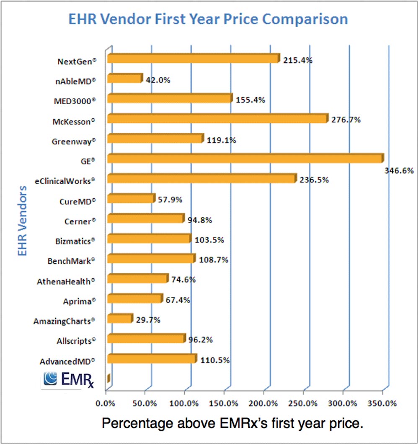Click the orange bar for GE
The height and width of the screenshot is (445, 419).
pos(245,159)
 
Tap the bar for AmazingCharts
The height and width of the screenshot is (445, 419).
pos(120,319)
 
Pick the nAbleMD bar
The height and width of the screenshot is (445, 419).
pos(125,79)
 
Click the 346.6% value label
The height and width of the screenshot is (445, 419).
pos(399,170)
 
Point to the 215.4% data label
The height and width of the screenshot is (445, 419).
pos(297,60)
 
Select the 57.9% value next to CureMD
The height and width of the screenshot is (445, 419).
pos(170,200)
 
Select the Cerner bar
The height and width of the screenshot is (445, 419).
pos(146,219)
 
